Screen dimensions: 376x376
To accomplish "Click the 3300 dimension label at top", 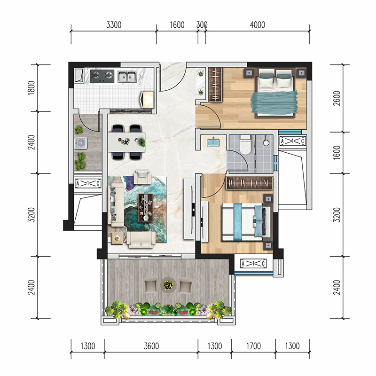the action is (x=114, y=25).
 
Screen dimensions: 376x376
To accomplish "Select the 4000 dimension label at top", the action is (x=258, y=25).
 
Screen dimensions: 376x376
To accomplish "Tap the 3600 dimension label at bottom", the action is (x=151, y=346).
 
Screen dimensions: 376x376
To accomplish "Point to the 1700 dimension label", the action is (x=253, y=346).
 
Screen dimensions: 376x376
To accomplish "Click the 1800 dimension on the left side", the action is (x=31, y=88).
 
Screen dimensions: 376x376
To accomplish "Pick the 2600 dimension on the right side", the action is (x=337, y=98).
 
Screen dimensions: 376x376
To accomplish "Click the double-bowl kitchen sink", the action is (x=127, y=76).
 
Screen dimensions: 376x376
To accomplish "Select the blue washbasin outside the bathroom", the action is (x=213, y=142).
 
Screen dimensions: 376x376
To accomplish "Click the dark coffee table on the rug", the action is (x=146, y=208).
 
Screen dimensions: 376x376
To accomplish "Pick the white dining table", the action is (x=126, y=142).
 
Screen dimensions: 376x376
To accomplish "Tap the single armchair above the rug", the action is (x=142, y=177).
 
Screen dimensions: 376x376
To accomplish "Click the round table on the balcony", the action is (x=168, y=285).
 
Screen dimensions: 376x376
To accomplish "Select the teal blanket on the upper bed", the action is (x=274, y=102).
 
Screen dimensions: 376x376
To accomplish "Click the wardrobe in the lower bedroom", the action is (x=249, y=183).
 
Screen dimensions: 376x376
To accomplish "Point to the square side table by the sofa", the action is (x=117, y=238).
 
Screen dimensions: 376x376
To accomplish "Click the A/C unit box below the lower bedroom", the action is (x=253, y=264).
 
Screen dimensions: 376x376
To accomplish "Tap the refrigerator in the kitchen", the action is (x=147, y=99).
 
